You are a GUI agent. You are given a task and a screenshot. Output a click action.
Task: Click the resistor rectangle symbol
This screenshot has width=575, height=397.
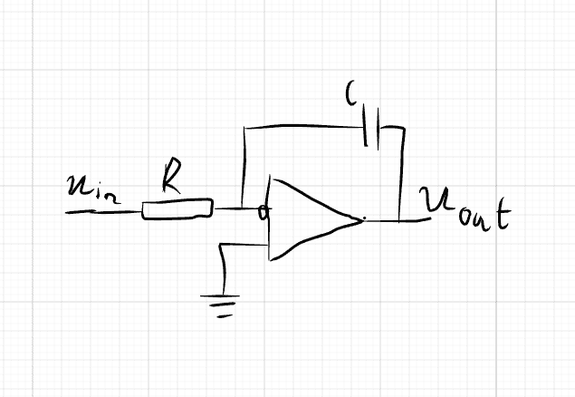tap(177, 210)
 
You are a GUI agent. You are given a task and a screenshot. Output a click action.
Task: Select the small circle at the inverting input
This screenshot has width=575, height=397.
tap(264, 214)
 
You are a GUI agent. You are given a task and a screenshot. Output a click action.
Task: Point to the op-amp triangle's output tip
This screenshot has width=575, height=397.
tap(361, 219)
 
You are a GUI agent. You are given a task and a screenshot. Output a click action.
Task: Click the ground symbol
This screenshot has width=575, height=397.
tap(221, 304)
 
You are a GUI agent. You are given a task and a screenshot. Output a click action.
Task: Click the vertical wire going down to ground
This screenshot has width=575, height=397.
tap(222, 268)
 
